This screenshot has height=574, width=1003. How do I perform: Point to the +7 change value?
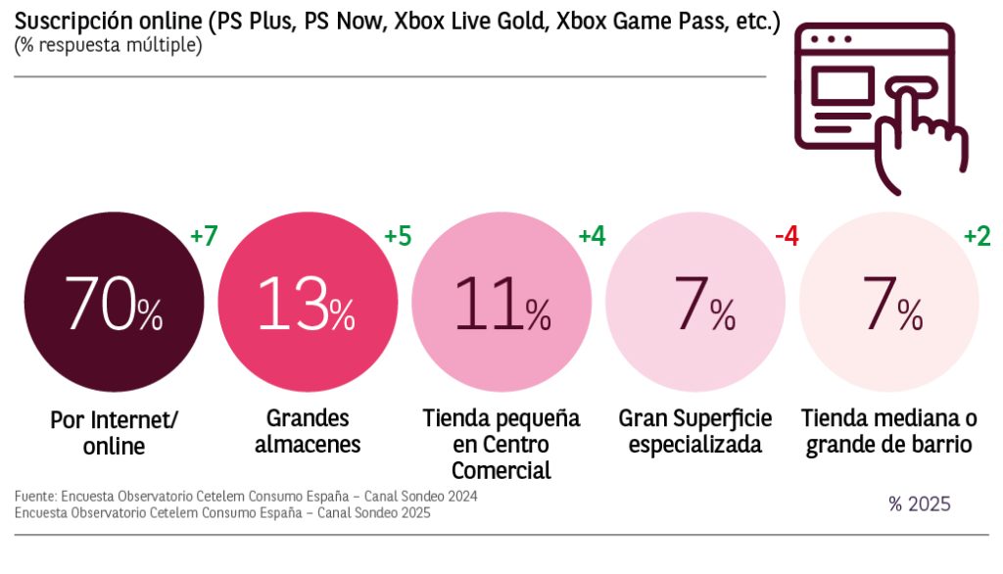coord(204,236)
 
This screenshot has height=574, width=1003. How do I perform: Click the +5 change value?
coord(398,236)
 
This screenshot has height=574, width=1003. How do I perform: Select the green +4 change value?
coord(592,236)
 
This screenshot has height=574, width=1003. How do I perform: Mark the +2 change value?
coord(978,236)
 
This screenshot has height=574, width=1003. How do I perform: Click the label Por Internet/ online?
coord(115,433)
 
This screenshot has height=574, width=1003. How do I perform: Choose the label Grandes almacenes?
coord(308,431)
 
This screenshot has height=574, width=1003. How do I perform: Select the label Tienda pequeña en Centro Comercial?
coord(501,444)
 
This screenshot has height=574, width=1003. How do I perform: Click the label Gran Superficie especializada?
coord(695,431)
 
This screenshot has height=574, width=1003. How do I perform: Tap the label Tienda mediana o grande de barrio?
coord(889,431)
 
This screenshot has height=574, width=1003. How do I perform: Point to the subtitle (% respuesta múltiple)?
coord(108,46)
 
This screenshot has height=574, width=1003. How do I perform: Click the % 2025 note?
coord(919,504)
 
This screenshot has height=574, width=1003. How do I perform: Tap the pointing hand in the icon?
coord(921,137)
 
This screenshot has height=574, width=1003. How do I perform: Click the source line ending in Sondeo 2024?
coord(246,497)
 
